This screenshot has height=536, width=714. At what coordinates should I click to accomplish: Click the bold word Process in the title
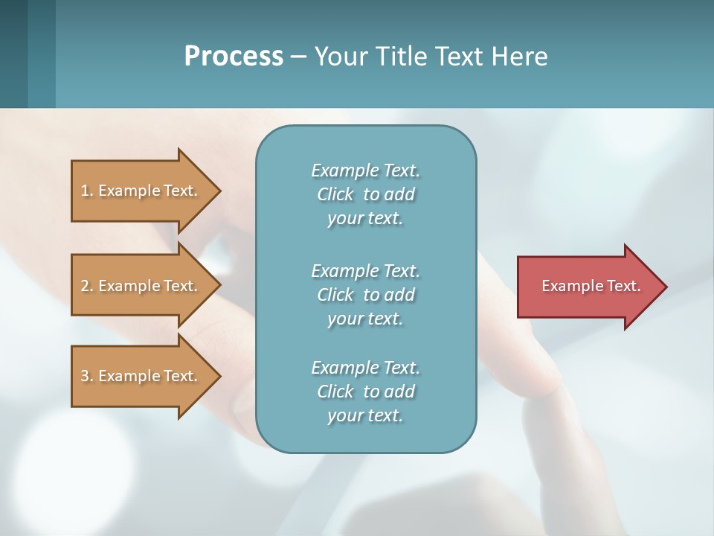[234, 57]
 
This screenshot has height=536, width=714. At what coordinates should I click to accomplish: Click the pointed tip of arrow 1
[218, 191]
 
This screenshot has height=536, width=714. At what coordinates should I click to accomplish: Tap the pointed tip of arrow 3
[218, 376]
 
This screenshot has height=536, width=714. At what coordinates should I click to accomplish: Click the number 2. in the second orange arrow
[86, 286]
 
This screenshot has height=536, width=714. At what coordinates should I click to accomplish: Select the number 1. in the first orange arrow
[86, 191]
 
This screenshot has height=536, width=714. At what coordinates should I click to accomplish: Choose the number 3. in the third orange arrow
[86, 376]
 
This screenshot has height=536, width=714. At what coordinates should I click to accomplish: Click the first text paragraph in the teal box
[365, 194]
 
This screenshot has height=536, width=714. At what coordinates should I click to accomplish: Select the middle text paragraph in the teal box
[365, 294]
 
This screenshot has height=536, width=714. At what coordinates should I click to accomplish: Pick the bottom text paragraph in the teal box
[365, 392]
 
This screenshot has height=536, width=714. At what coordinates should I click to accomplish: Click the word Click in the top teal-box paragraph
[335, 194]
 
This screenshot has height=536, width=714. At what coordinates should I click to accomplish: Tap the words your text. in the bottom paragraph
[365, 415]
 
